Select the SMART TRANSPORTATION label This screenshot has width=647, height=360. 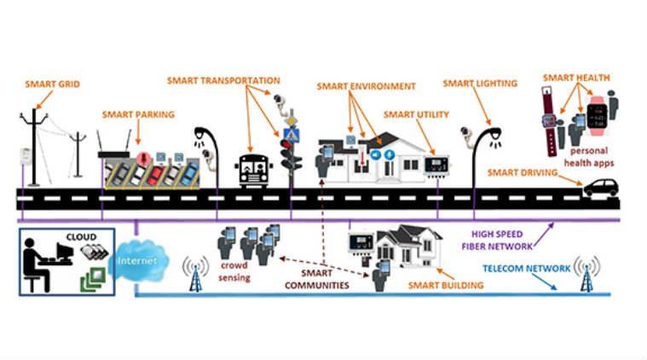pos(223,80)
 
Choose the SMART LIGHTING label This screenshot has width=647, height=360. pos(480,84)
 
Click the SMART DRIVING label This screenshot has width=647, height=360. pos(523,172)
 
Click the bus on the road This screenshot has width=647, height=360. pos(253,171)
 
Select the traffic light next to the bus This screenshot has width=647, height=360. pos(292,154)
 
